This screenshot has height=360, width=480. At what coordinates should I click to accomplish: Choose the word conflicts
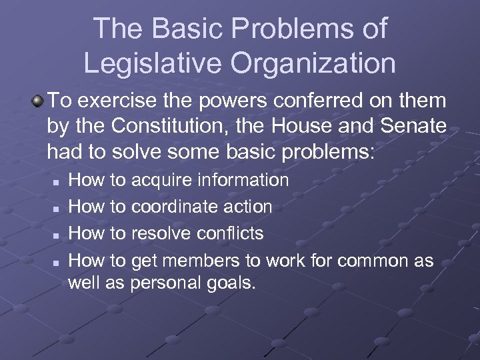click(x=229, y=233)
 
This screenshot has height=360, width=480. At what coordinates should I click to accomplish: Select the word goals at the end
click(x=233, y=283)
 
